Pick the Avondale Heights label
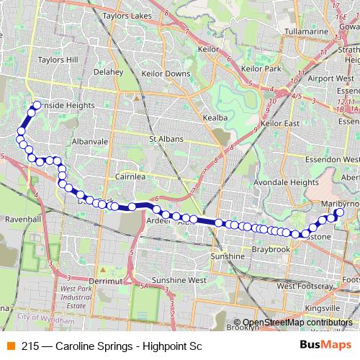point(285,182)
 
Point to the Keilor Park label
point(261,68)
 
